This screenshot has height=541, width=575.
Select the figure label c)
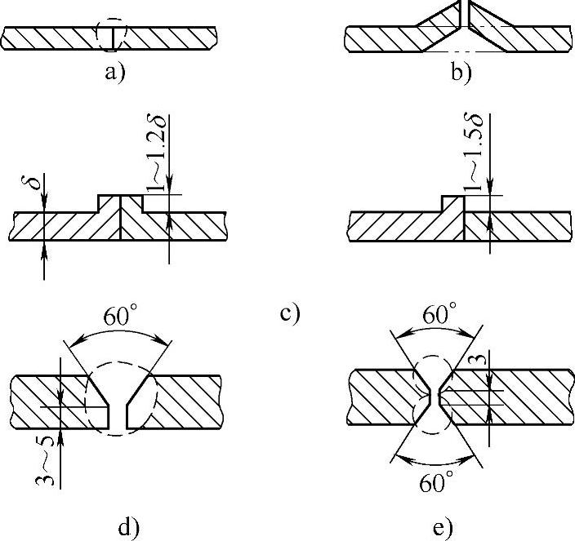point(291,312)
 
